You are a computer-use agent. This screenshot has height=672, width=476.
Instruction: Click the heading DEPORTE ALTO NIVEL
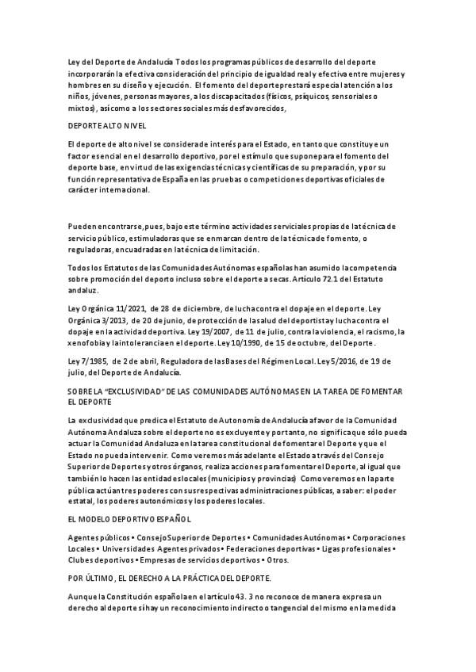[x=107, y=126]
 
